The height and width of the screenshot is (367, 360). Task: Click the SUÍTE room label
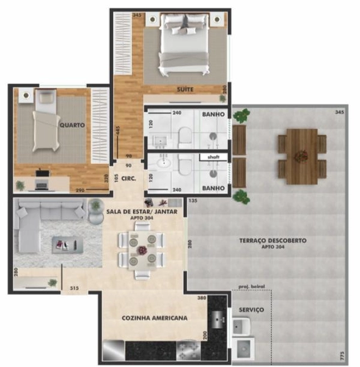pyautogui.click(x=185, y=89)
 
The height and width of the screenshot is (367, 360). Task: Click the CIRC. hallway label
pyautogui.click(x=128, y=179)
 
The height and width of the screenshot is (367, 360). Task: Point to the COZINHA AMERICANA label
pyautogui.click(x=154, y=318)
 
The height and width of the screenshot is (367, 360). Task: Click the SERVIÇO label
pyautogui.click(x=252, y=310)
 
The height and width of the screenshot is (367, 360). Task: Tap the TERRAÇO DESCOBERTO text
pyautogui.click(x=273, y=241)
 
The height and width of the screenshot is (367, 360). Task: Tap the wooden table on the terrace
pyautogui.click(x=301, y=156)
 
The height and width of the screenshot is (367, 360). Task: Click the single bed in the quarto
pyautogui.click(x=45, y=120)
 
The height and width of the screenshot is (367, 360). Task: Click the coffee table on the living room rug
pyautogui.click(x=67, y=245)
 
